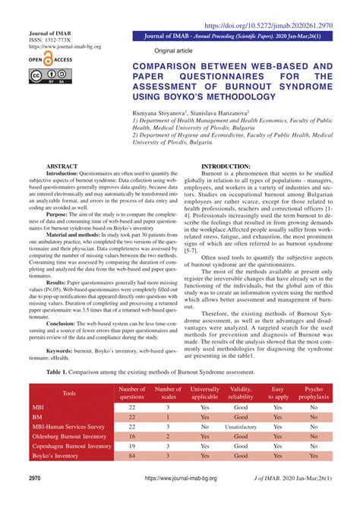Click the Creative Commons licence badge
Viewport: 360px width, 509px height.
(48, 75)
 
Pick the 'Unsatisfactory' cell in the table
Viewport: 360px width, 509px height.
(242, 427)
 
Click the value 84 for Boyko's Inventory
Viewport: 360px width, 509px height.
(132, 455)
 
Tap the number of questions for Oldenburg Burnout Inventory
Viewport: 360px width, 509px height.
(132, 436)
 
